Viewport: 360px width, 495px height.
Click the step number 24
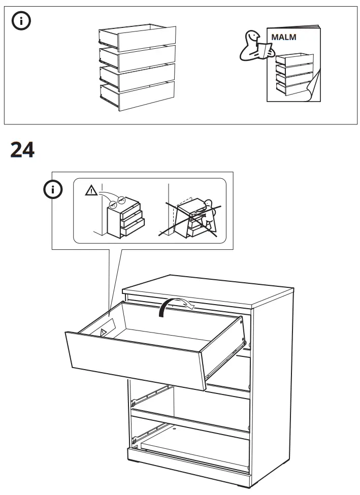[22, 150]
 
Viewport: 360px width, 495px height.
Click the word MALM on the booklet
[284, 37]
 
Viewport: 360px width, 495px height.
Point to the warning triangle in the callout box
[91, 191]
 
